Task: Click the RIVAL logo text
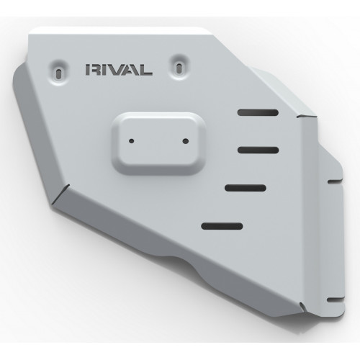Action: click(119, 70)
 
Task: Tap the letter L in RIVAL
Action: click(146, 70)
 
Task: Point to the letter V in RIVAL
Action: click(119, 70)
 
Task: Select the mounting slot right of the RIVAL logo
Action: click(179, 68)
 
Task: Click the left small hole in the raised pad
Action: click(132, 141)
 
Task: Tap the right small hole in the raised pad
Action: click(186, 141)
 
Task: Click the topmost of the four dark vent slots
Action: click(258, 112)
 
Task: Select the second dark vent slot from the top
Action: click(258, 150)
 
